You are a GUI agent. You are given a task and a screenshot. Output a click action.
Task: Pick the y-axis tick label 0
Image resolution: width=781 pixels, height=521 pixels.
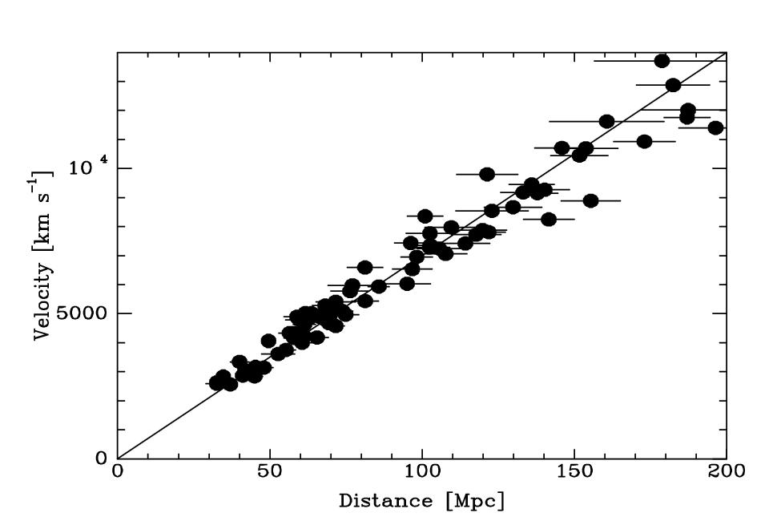(102, 458)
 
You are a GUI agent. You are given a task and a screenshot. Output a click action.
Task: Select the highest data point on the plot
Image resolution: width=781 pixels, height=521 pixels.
(662, 61)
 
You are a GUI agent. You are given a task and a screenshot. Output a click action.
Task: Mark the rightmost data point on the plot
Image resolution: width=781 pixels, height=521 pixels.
(715, 127)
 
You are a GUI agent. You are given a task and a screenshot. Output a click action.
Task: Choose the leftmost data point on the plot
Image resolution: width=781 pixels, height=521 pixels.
(216, 383)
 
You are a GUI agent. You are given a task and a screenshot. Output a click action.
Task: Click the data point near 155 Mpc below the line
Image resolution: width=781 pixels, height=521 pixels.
(590, 200)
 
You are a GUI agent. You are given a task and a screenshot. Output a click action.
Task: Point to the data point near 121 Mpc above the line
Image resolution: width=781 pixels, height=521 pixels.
(487, 174)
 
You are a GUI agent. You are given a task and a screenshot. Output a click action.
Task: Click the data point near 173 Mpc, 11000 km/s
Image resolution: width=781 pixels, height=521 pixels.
(644, 141)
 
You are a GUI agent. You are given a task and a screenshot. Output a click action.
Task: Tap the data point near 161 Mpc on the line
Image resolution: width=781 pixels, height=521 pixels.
(606, 121)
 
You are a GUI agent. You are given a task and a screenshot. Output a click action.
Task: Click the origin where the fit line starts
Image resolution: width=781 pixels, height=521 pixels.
(118, 458)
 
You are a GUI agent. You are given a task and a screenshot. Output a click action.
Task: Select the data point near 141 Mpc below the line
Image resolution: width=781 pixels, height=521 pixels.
(549, 219)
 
